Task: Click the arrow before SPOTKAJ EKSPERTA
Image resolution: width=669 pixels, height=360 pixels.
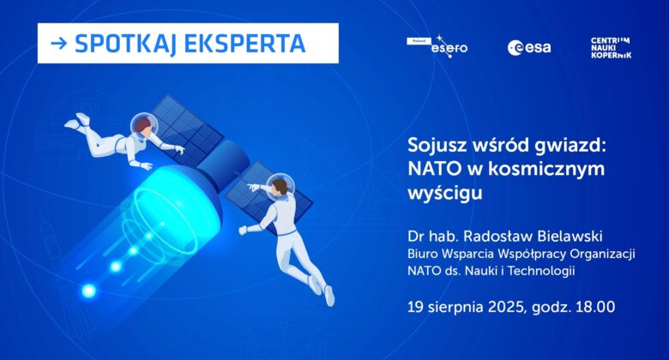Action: [59, 43]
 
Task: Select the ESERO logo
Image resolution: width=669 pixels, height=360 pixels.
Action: [437, 47]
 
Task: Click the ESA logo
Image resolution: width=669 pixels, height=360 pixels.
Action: [529, 48]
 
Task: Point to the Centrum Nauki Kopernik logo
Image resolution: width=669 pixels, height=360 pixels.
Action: [611, 48]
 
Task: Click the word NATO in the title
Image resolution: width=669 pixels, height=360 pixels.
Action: [434, 169]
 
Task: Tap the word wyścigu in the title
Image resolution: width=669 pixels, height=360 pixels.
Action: [445, 194]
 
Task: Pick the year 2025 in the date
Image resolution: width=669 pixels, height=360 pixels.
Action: [506, 307]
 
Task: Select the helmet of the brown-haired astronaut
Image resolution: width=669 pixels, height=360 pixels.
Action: [280, 185]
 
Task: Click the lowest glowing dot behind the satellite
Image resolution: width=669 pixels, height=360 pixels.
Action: [88, 291]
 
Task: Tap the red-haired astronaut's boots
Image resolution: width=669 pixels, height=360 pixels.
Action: [78, 121]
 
